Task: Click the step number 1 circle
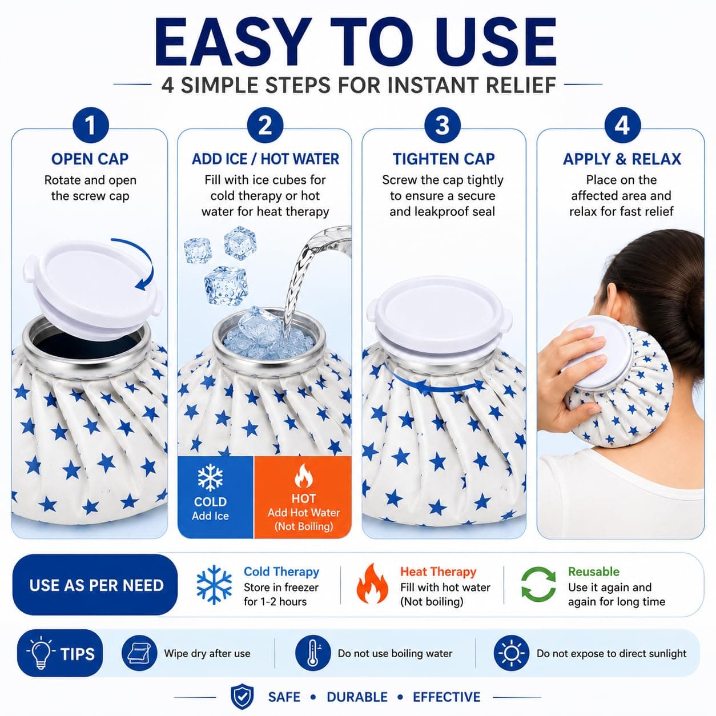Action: (x=91, y=126)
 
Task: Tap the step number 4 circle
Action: (x=622, y=126)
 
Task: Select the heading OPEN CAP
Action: (x=90, y=159)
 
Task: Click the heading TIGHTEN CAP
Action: (x=444, y=159)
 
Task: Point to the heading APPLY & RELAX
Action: (x=622, y=159)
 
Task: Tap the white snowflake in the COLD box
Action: (x=210, y=477)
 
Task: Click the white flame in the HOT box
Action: (x=304, y=476)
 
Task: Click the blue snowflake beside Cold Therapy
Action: (x=214, y=585)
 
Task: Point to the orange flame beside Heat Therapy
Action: (x=372, y=584)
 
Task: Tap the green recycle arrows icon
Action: (x=538, y=584)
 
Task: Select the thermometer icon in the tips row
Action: (x=313, y=653)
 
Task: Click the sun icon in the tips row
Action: (x=512, y=653)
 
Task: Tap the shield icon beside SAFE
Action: (x=242, y=697)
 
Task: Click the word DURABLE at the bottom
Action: (x=357, y=697)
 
